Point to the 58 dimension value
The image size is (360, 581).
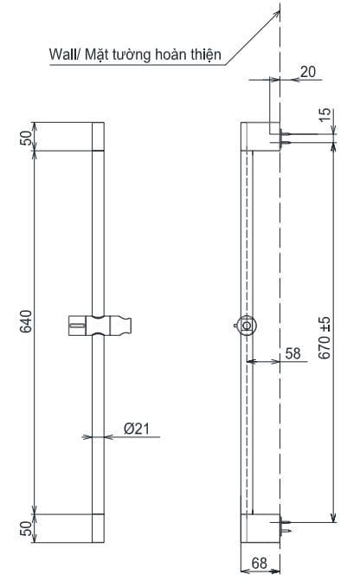click(x=292, y=353)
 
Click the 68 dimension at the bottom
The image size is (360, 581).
click(x=260, y=564)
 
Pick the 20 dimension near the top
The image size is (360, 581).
click(x=307, y=73)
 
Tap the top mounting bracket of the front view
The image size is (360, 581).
click(x=97, y=137)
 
